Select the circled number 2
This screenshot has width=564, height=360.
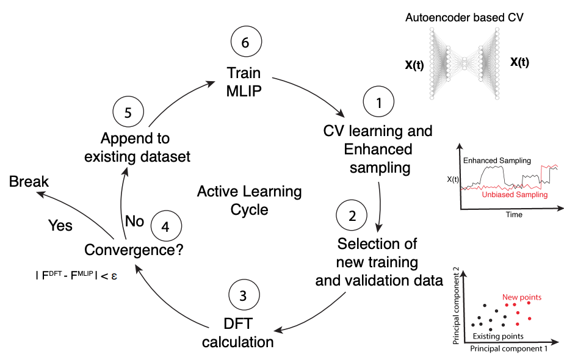point(352,216)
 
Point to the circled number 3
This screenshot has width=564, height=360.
point(244,296)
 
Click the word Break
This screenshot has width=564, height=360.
point(29,182)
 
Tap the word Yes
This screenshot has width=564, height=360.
point(60,226)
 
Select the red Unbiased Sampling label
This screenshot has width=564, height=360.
point(515,195)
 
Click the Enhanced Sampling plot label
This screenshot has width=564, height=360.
point(497,160)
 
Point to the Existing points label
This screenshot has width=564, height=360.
point(498,336)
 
